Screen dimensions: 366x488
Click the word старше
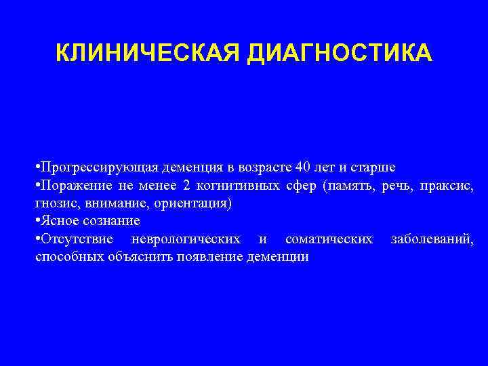[373, 167]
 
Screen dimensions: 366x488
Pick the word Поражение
[73, 185]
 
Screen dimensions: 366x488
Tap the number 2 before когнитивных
[186, 185]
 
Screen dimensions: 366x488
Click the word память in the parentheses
[348, 185]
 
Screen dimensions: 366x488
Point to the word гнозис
[53, 203]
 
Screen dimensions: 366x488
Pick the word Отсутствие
[75, 239]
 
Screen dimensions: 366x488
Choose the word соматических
[329, 239]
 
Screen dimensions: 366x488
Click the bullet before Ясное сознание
[38, 222]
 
